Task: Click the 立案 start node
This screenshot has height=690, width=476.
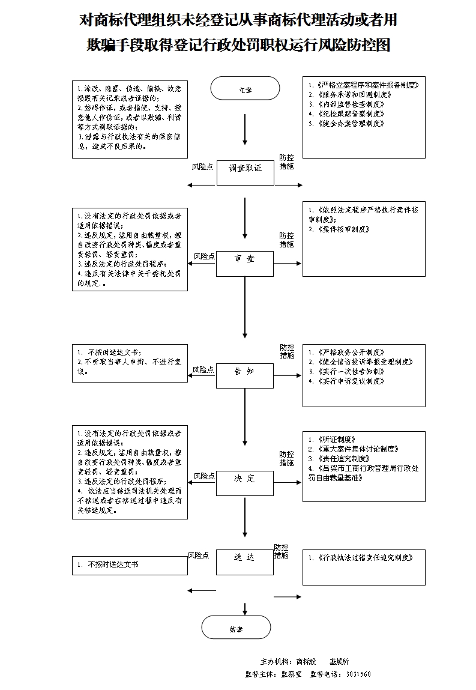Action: (245, 89)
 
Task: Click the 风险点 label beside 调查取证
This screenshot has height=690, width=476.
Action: (202, 166)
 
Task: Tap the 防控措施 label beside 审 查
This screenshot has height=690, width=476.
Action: (287, 240)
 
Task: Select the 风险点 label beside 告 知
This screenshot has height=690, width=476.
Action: (203, 370)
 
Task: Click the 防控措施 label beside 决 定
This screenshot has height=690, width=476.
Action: (287, 459)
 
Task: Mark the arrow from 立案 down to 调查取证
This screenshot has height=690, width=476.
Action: (245, 129)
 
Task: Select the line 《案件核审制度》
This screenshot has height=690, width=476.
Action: (342, 229)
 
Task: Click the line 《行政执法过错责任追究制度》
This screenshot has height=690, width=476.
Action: (360, 557)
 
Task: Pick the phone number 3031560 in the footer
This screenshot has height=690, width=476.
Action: (358, 674)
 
